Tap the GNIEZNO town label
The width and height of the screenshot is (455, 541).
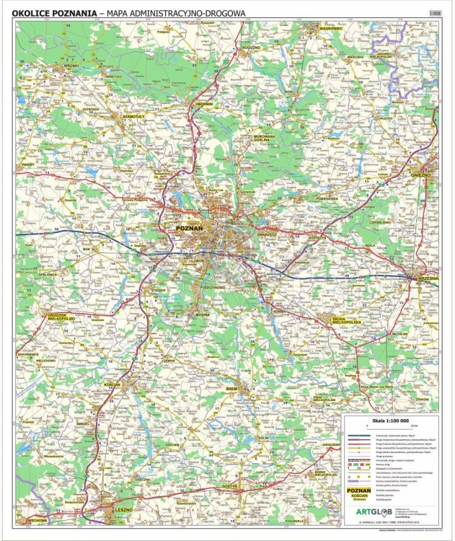[x=421, y=175]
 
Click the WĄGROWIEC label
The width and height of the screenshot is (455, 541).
[x=330, y=27]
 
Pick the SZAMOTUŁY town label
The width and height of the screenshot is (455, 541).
[x=134, y=115]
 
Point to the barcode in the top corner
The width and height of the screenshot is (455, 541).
[x=434, y=12]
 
